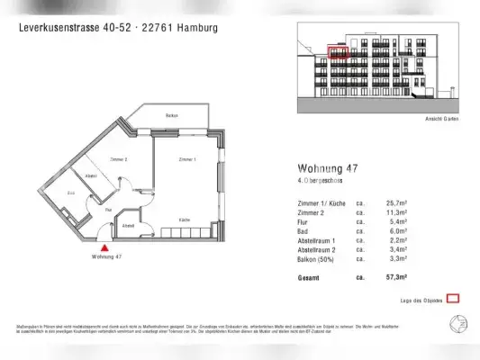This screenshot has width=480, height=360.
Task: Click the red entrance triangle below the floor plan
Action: coord(106,245)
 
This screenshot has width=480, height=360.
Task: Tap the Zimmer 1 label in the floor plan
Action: coord(187,158)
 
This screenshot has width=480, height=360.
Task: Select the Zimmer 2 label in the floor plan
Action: coord(118,158)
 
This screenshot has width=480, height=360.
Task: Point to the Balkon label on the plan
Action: coord(171,116)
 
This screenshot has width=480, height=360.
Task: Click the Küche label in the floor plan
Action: coord(185,220)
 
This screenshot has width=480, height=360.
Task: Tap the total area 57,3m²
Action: coord(395,277)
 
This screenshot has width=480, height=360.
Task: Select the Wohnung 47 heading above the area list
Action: coord(328,168)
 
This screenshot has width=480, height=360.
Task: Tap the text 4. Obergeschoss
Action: coord(323,183)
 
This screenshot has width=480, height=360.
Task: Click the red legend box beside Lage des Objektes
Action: coord(454,298)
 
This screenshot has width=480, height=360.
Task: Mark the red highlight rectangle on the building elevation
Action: coord(337,52)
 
